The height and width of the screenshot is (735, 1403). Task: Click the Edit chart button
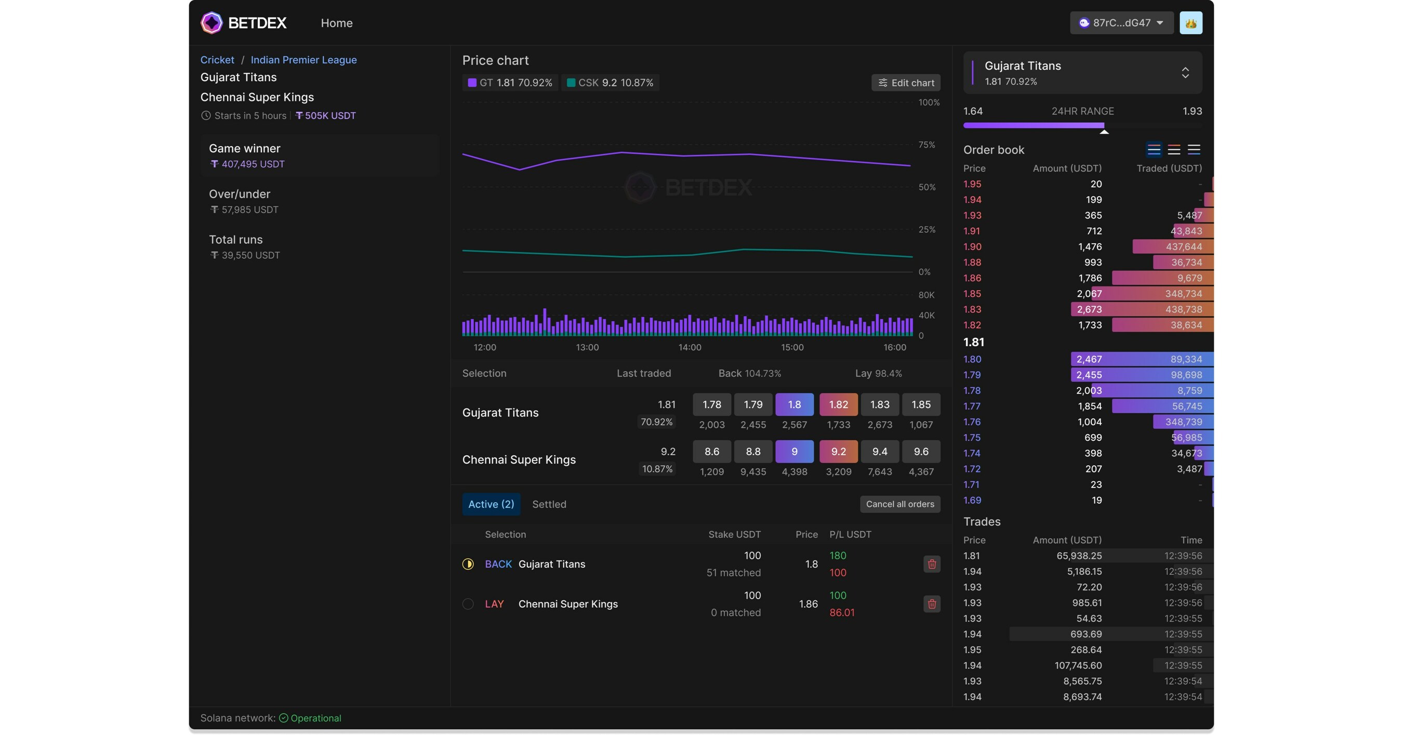tap(906, 83)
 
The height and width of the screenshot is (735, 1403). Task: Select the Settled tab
tap(549, 504)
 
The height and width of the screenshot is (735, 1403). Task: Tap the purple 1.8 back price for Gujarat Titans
tap(794, 404)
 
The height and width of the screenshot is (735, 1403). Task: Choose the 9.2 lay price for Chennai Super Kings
tap(838, 451)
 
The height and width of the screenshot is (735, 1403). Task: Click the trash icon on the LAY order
tap(931, 603)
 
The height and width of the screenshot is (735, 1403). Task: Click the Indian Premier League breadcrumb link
tap(303, 60)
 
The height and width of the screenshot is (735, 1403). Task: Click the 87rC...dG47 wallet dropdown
tap(1121, 23)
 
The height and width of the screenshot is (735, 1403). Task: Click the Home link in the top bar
tap(337, 23)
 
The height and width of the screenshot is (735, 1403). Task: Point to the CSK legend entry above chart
tap(610, 83)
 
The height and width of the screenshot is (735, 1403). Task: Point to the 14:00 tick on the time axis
tap(690, 347)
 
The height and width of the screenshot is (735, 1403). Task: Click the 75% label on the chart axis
tap(926, 145)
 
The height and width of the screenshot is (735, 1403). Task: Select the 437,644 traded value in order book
tap(1184, 247)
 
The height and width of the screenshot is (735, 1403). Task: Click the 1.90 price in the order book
tap(972, 247)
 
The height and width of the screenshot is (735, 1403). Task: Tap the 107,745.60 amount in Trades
tap(1078, 665)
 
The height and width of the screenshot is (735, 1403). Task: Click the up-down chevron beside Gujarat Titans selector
tap(1185, 73)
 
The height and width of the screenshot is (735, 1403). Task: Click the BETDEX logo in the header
tap(244, 23)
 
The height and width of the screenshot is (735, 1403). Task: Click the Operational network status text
tap(315, 718)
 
